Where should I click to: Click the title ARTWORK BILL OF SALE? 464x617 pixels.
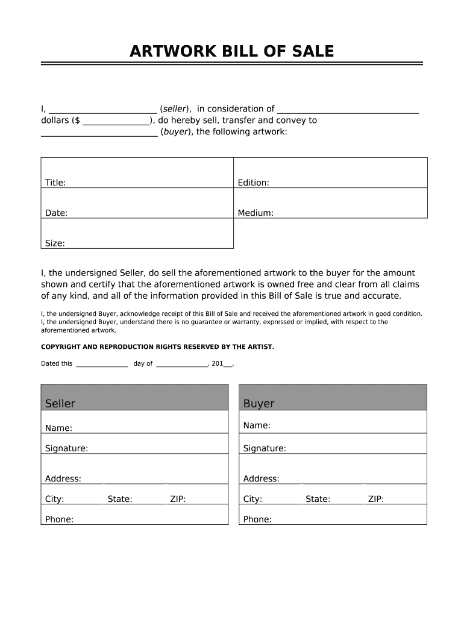[231, 52]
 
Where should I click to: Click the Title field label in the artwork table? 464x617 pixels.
[55, 183]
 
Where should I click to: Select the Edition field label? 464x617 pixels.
[253, 183]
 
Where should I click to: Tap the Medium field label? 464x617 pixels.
[256, 213]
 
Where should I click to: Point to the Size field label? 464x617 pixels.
[55, 243]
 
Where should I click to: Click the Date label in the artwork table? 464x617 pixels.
[56, 213]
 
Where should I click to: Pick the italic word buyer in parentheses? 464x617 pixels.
[175, 131]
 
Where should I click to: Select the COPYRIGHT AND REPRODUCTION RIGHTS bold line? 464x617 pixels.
[157, 347]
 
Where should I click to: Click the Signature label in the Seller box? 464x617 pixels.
[66, 448]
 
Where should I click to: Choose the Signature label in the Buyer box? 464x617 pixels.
[265, 448]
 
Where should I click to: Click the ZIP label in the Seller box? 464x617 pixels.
[178, 499]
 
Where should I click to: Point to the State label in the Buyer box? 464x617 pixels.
[318, 499]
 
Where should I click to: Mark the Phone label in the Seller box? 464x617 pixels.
[59, 519]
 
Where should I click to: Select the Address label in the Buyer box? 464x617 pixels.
[261, 478]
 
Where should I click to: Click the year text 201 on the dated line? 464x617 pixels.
[218, 364]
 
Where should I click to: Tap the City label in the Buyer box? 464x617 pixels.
[252, 499]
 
